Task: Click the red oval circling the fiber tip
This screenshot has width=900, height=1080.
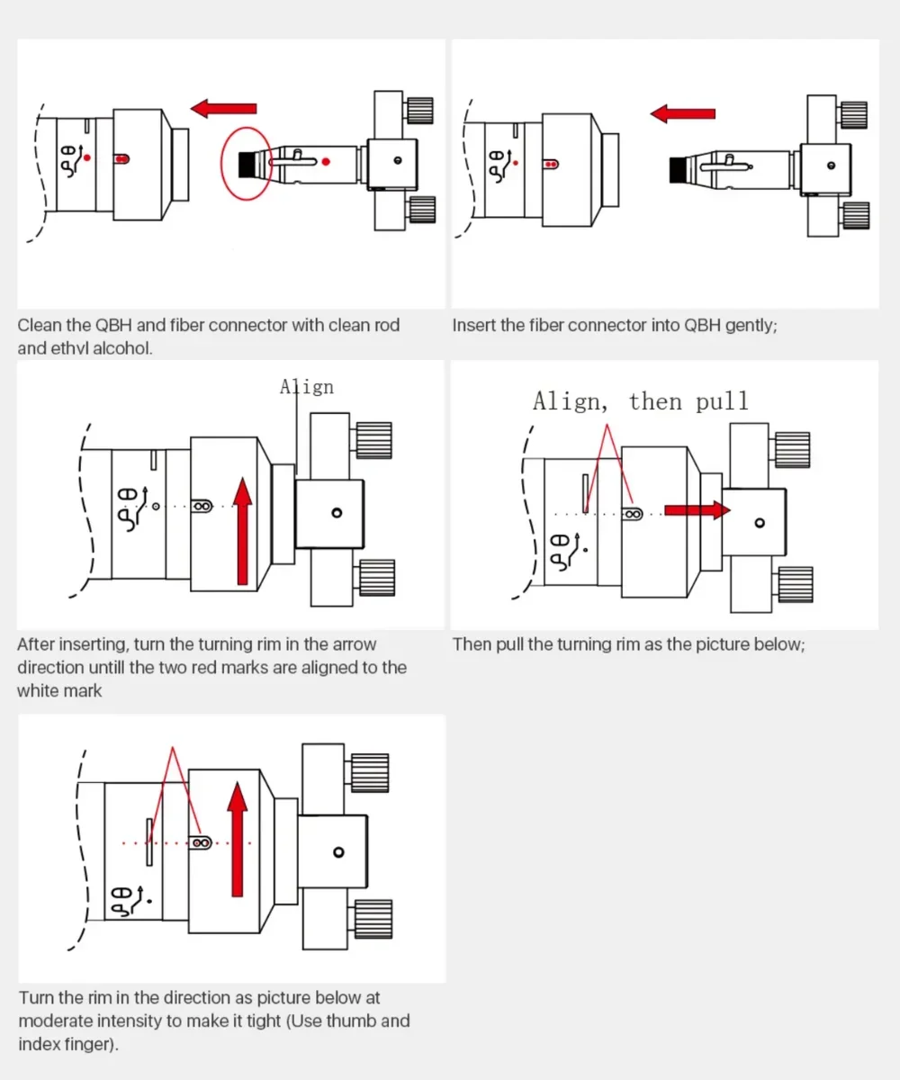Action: click(220, 164)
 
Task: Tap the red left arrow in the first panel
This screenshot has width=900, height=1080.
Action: click(223, 108)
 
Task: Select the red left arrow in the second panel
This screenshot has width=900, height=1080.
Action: click(683, 113)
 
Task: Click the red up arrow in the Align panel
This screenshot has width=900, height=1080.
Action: click(242, 531)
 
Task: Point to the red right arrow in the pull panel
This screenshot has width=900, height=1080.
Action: click(697, 510)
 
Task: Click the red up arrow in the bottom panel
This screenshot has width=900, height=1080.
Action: click(238, 839)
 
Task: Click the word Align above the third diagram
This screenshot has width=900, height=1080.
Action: click(307, 387)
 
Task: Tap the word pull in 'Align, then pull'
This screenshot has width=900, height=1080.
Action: click(722, 401)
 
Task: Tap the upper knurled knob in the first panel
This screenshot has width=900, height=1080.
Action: click(420, 110)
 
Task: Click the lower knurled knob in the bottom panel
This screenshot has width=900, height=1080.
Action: click(373, 919)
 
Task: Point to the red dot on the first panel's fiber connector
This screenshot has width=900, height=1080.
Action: click(326, 162)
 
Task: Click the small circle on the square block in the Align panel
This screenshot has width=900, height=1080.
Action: click(337, 513)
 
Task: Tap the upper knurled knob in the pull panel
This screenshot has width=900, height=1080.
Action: click(792, 450)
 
